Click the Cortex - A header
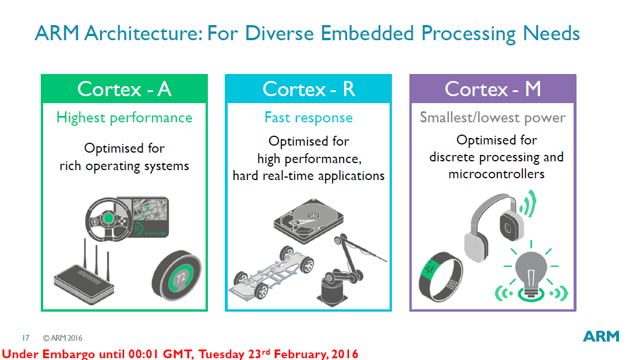pos(124,89)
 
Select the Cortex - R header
pos(309,89)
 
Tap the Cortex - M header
pos(493,89)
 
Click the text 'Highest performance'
pos(124,118)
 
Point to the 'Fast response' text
pos(309,118)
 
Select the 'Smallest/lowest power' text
pos(493,118)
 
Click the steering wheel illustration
pos(108,220)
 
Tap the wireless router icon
pos(84,273)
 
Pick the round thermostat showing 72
pos(176,276)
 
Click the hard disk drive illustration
pos(309,220)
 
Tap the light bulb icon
pos(531,271)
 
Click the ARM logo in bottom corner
pos(601,336)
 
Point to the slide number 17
pos(26,338)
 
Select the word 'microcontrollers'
pos(496,174)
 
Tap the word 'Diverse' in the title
pos(279,33)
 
